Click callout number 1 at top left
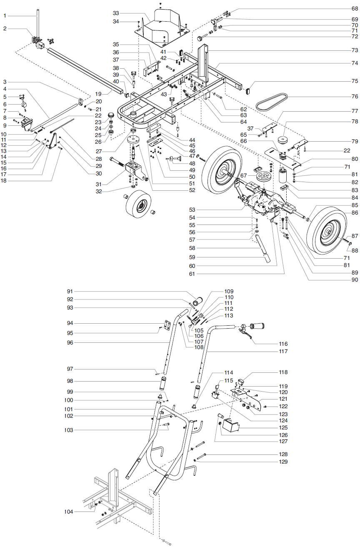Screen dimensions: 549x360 click(x=5, y=15)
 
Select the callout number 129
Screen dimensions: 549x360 click(x=283, y=462)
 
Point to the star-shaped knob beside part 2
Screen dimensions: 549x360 click(x=52, y=41)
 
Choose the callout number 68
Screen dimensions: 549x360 click(x=354, y=8)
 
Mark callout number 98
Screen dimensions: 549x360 click(x=70, y=381)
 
